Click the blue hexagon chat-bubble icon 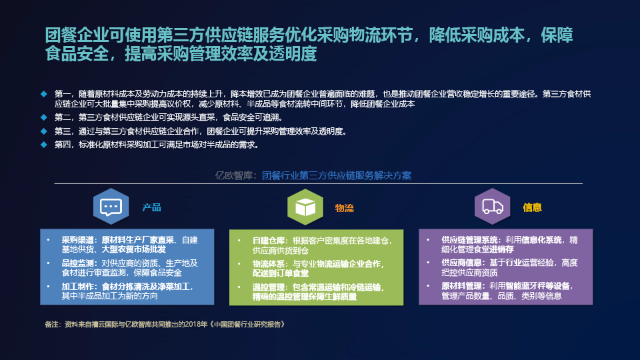pyautogui.click(x=111, y=207)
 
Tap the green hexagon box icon pyautogui.click(x=305, y=207)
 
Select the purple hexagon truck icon pyautogui.click(x=492, y=207)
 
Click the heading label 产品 pyautogui.click(x=151, y=207)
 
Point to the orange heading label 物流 pyautogui.click(x=344, y=208)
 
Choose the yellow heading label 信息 pyautogui.click(x=532, y=207)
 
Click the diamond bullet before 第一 pyautogui.click(x=44, y=94)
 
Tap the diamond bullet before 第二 pyautogui.click(x=44, y=117)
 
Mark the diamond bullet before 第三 pyautogui.click(x=44, y=131)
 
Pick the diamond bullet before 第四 pyautogui.click(x=44, y=145)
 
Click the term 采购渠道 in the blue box pyautogui.click(x=77, y=240)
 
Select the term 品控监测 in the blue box pyautogui.click(x=77, y=263)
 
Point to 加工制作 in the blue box pyautogui.click(x=77, y=287)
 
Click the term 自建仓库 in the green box pyautogui.click(x=268, y=241)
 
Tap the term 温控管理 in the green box pyautogui.click(x=268, y=287)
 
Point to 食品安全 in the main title pyautogui.click(x=77, y=54)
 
